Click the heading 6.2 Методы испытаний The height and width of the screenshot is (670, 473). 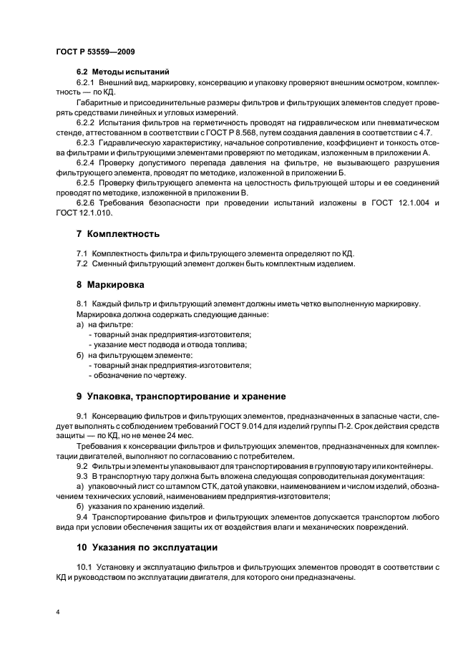pos(122,72)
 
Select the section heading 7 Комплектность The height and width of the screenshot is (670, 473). pos(118,234)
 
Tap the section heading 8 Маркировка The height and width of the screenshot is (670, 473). pos(111,284)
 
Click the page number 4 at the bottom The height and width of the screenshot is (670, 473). pos(57,612)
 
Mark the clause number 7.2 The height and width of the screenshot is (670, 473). pos(83,264)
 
